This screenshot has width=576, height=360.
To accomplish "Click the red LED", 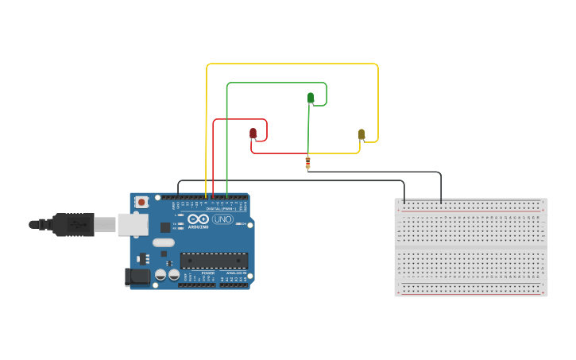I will [x=253, y=133].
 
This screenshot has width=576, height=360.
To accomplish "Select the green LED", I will [x=311, y=98].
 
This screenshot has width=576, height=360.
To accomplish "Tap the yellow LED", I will [x=361, y=134].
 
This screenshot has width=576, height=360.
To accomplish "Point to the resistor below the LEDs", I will [x=307, y=163].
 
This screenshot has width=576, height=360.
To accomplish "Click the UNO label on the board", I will [x=222, y=219].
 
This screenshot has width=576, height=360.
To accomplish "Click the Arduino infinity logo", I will [x=199, y=219].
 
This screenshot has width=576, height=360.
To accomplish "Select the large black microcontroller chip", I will [x=214, y=260].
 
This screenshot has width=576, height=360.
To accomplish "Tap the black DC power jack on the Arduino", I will [x=137, y=277].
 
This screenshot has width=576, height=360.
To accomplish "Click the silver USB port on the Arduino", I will [x=132, y=224].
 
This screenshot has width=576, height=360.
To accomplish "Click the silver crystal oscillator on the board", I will [x=164, y=242].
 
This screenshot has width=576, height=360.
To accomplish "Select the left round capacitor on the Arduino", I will [x=160, y=274].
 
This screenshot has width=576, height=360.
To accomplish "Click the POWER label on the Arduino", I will [x=207, y=273].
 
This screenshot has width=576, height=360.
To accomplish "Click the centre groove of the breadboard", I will [x=471, y=248].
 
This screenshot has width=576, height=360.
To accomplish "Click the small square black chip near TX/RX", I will [x=165, y=227].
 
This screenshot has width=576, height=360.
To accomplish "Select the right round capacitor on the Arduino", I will [x=174, y=274].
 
